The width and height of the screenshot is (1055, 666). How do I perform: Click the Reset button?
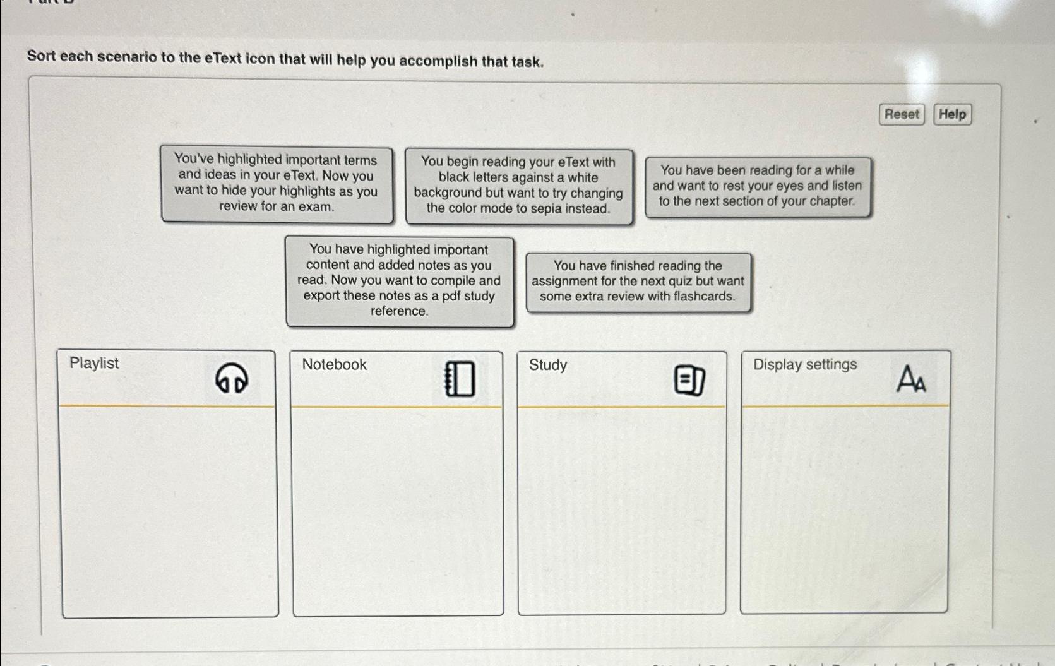(902, 114)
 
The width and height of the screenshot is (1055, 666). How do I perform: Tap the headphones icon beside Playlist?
(232, 378)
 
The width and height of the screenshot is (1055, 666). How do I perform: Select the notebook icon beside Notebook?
(460, 379)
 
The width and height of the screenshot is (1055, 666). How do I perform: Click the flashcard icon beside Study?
(689, 379)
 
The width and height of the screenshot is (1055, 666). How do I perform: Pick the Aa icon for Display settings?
(911, 379)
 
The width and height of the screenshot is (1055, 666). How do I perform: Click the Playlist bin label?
(94, 363)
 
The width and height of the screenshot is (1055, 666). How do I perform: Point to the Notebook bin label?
(334, 364)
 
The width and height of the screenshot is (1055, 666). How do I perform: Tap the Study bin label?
(548, 365)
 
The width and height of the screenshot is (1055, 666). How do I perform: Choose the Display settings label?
(805, 364)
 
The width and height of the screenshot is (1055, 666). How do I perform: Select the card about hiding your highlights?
(277, 184)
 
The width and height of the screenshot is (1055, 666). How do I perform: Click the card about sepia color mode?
(518, 186)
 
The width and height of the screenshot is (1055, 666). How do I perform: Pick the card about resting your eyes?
(757, 186)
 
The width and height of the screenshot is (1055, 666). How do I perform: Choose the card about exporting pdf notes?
(399, 280)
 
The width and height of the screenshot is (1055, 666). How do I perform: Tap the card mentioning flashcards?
(638, 282)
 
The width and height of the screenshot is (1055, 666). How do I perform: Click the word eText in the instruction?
(223, 58)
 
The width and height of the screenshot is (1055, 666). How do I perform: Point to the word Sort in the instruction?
(41, 56)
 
